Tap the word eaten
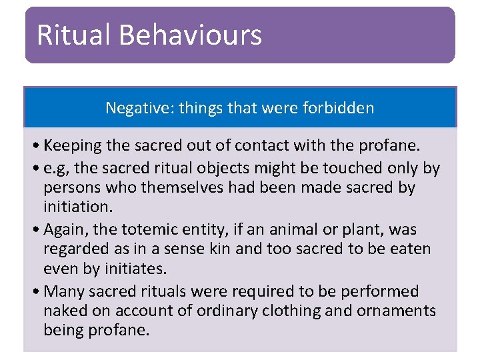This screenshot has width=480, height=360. pyautogui.click(x=409, y=249)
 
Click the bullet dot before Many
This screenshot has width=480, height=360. pyautogui.click(x=34, y=292)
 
